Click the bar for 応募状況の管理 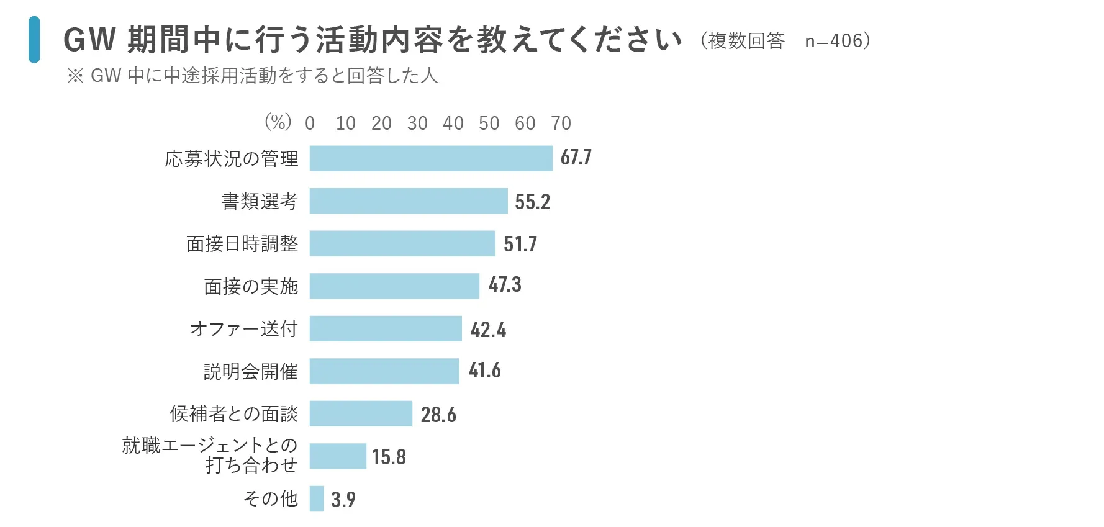(x=430, y=158)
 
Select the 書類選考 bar (x=409, y=201)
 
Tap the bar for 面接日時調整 (x=402, y=243)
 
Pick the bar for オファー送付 (x=386, y=328)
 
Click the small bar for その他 (x=317, y=498)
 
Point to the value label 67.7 (x=576, y=158)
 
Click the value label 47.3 (x=505, y=285)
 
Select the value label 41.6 (x=484, y=371)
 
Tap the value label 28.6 (x=438, y=415)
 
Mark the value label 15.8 (x=389, y=457)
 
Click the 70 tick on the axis (x=561, y=124)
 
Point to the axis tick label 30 (x=417, y=124)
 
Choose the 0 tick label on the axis (x=310, y=124)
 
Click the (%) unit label (x=278, y=122)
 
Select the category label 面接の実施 (x=251, y=286)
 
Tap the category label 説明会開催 (x=251, y=371)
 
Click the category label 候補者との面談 (x=234, y=413)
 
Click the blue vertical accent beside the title (x=34, y=40)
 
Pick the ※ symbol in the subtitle (x=75, y=76)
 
